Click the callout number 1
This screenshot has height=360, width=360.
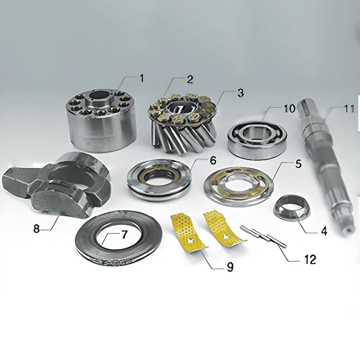(x=142, y=78)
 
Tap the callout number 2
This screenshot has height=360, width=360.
(x=190, y=80)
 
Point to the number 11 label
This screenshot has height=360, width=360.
(x=349, y=108)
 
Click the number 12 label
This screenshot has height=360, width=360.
(x=310, y=260)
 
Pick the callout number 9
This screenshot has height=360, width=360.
(x=230, y=267)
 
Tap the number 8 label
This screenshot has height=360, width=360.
(x=36, y=229)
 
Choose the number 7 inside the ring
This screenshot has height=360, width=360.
(x=124, y=234)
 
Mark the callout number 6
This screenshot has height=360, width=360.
(x=213, y=161)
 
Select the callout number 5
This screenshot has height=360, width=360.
(x=298, y=164)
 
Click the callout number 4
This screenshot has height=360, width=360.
(x=324, y=231)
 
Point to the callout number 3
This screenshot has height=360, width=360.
(x=240, y=93)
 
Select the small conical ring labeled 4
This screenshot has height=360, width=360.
(x=291, y=208)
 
